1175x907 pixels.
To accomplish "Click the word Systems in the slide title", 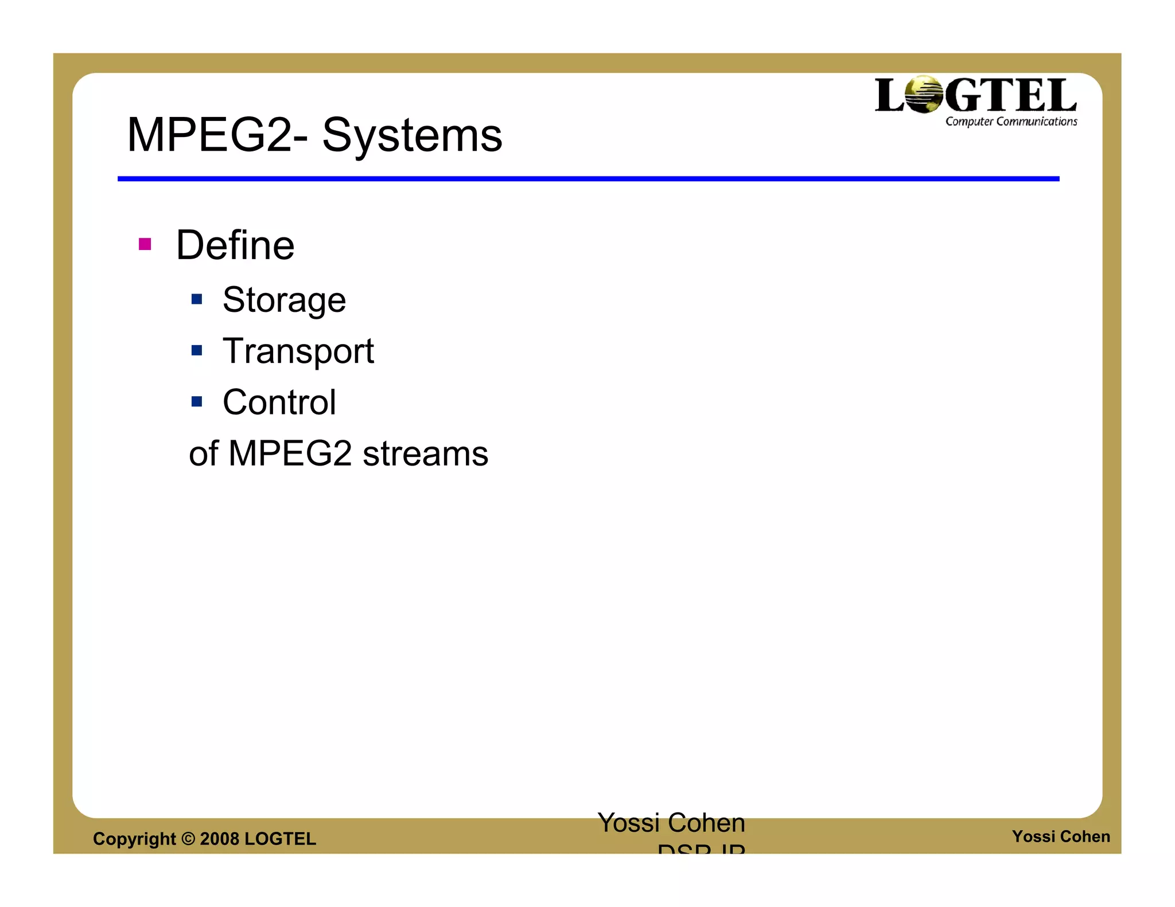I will (412, 136).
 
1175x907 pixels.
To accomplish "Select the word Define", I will (235, 245).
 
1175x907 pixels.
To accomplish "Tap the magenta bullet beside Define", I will (145, 245).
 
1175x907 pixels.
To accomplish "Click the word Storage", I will (284, 300).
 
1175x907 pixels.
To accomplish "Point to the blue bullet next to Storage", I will (197, 299).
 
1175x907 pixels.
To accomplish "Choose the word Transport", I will (298, 351).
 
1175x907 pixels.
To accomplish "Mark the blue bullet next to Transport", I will (197, 350).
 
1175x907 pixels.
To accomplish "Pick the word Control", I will (279, 402).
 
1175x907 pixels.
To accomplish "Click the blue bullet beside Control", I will (197, 401).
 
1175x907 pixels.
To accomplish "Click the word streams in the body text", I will (425, 453).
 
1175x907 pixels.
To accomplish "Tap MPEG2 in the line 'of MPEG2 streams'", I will (290, 453).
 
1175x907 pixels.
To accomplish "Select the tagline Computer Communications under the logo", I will (1011, 122).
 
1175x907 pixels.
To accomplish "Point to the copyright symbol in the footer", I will (188, 839).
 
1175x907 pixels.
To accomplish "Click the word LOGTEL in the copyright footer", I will (280, 839).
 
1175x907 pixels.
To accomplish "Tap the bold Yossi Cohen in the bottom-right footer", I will (1061, 836).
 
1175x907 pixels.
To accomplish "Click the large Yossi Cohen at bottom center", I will (671, 823).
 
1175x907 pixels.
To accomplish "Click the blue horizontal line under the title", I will (588, 179).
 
